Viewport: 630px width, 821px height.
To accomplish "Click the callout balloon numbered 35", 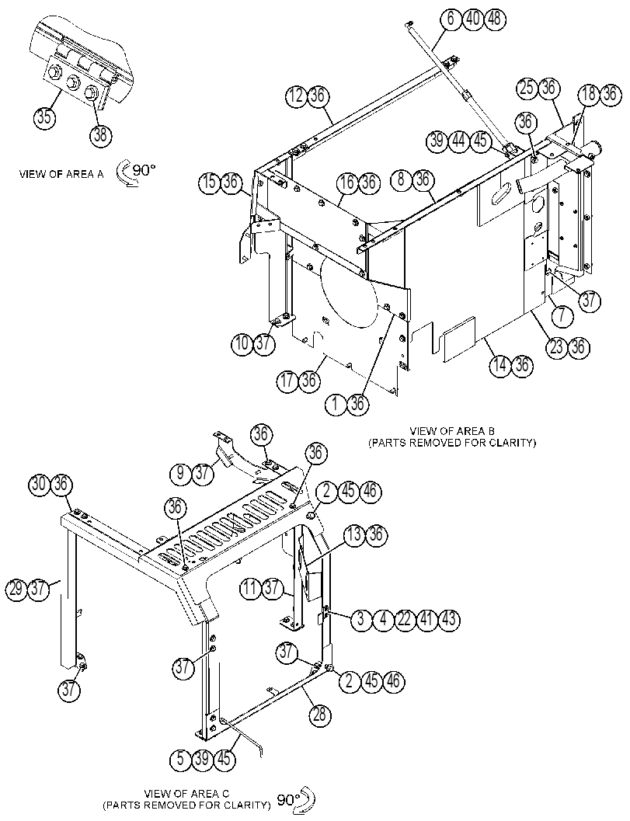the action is point(44,117).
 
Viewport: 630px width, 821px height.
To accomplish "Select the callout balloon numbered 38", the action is point(100,134).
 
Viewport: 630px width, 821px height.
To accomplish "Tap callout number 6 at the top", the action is point(451,19).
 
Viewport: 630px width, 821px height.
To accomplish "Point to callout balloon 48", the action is point(494,19).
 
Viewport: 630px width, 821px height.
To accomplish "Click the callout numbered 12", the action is point(296,96).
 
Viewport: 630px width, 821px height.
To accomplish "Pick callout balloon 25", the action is point(527,88).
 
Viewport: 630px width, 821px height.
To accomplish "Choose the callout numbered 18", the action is point(589,94).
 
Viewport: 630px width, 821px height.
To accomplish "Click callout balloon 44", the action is point(459,141).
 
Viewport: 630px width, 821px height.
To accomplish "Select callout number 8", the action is point(402,180).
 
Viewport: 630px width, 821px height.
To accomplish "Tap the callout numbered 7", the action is point(562,315).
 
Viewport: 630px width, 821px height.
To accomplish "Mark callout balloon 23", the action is point(557,348).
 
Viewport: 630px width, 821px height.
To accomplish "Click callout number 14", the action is point(501,365).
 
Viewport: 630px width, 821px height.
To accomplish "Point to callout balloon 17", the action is point(287,381).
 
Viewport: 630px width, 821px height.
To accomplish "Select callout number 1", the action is point(336,404).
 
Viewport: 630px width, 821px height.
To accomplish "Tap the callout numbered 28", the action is point(319,714).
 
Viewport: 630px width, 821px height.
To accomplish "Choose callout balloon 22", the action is point(405,620).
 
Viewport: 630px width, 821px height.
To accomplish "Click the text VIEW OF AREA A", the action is point(61,174).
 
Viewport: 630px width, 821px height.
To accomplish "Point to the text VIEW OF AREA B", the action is point(452,431).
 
